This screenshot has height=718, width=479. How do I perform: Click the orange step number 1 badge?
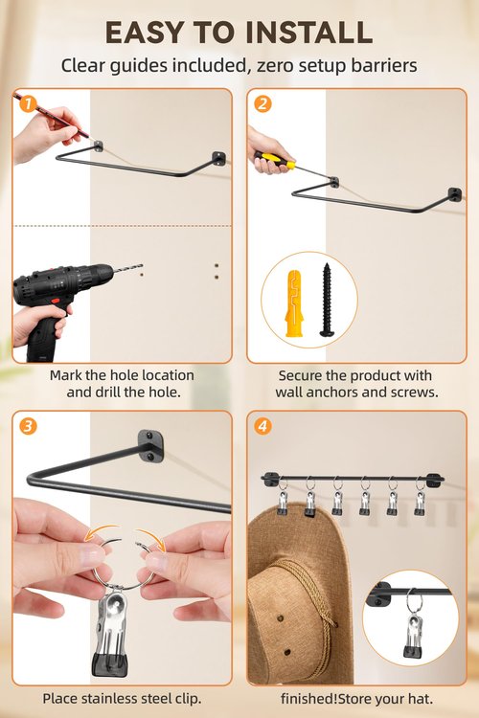[x=28, y=104]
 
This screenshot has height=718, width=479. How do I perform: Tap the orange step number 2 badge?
[x=262, y=104]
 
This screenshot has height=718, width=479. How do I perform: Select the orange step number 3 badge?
[x=28, y=426]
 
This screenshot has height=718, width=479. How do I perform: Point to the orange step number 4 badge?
[x=262, y=426]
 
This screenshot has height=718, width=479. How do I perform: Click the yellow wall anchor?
[x=295, y=303]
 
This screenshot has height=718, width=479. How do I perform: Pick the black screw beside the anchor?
[x=327, y=300]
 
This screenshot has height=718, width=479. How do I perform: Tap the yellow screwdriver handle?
[x=275, y=160]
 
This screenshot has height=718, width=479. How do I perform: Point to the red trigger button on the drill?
[x=56, y=302]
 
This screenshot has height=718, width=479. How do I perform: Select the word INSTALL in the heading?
[x=308, y=33]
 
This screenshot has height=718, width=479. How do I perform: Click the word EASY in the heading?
[x=144, y=33]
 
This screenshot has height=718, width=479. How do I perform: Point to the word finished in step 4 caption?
[x=308, y=698]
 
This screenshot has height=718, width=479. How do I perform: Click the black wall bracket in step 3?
[x=150, y=445]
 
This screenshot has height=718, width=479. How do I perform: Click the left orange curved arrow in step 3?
[x=101, y=531]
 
